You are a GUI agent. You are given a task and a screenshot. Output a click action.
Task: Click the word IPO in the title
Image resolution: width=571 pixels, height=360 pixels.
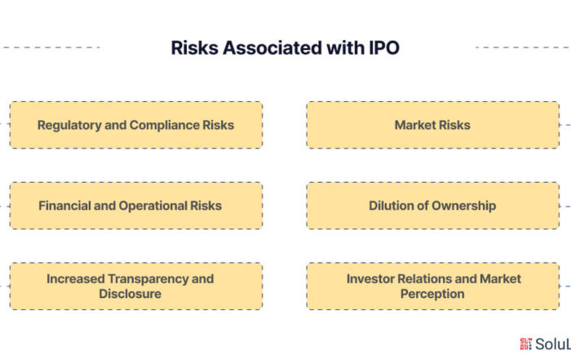[384, 47]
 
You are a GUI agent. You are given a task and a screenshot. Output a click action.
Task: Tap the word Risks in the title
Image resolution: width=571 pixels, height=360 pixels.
[194, 47]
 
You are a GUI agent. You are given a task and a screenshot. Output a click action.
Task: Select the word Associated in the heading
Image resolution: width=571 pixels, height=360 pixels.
[272, 47]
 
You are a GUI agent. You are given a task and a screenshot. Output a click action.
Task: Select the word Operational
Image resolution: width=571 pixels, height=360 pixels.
[153, 207]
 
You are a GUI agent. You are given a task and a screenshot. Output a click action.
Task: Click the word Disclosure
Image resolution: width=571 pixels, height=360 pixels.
[130, 294]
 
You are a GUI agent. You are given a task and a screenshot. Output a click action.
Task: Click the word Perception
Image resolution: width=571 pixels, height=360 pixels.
[432, 294]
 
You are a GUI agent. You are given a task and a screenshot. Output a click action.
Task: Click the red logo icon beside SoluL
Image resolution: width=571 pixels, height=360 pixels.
[526, 344]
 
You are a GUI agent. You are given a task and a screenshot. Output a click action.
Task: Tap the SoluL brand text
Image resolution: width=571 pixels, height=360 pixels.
[553, 344]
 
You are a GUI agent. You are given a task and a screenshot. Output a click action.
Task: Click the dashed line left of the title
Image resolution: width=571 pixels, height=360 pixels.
[50, 47]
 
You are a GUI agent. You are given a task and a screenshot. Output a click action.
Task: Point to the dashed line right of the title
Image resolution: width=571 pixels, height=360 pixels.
[524, 47]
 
